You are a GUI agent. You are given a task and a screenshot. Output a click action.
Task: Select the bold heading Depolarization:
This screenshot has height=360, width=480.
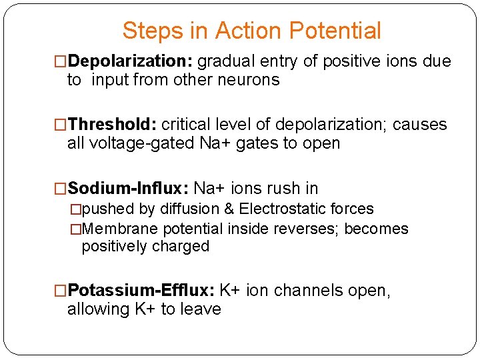[131, 62]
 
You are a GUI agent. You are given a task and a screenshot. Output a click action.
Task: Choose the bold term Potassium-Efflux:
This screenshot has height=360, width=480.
[141, 291]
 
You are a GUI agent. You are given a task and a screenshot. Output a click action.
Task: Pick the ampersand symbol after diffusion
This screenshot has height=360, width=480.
[229, 209]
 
